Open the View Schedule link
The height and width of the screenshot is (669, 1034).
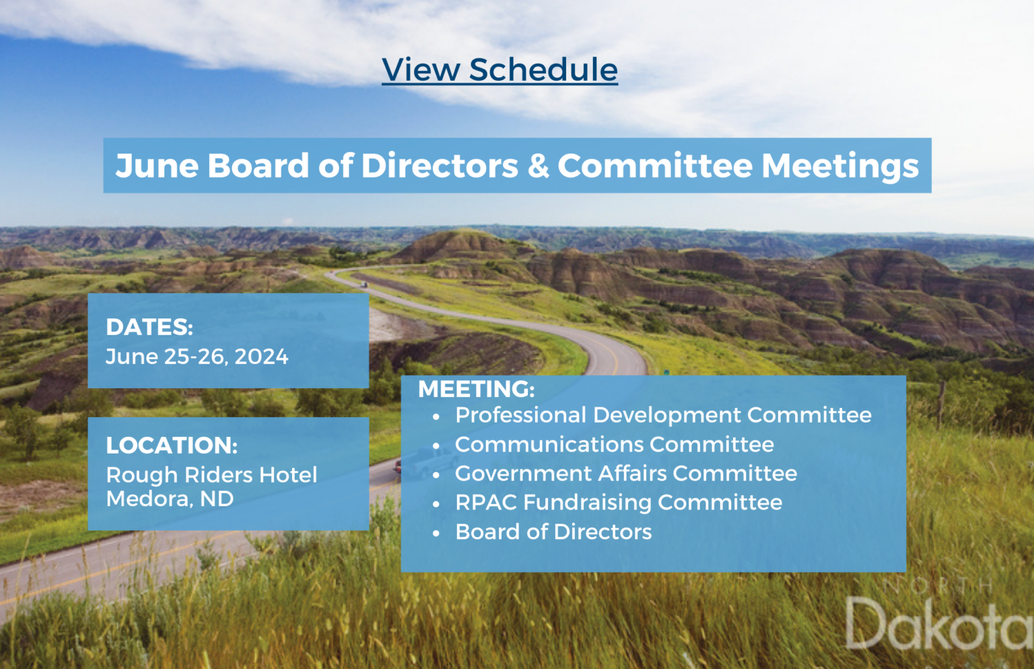point(499,70)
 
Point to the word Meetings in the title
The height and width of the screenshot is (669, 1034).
point(840,167)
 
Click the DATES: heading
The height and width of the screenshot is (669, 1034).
point(149,327)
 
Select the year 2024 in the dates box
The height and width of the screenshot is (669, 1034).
point(261,357)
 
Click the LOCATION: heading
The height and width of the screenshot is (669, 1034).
point(172,446)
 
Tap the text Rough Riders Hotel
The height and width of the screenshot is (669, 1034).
point(211,475)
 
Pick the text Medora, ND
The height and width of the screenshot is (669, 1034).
point(170,499)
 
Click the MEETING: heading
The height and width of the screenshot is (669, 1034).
point(477,389)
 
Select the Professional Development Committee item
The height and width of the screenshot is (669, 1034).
point(663,415)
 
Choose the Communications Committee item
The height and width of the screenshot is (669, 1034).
point(615,444)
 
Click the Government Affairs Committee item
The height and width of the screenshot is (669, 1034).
point(626,473)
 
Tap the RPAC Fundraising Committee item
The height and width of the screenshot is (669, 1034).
point(619,503)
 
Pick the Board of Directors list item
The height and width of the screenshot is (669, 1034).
point(553,532)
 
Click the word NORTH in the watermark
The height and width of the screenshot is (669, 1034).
point(938,586)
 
